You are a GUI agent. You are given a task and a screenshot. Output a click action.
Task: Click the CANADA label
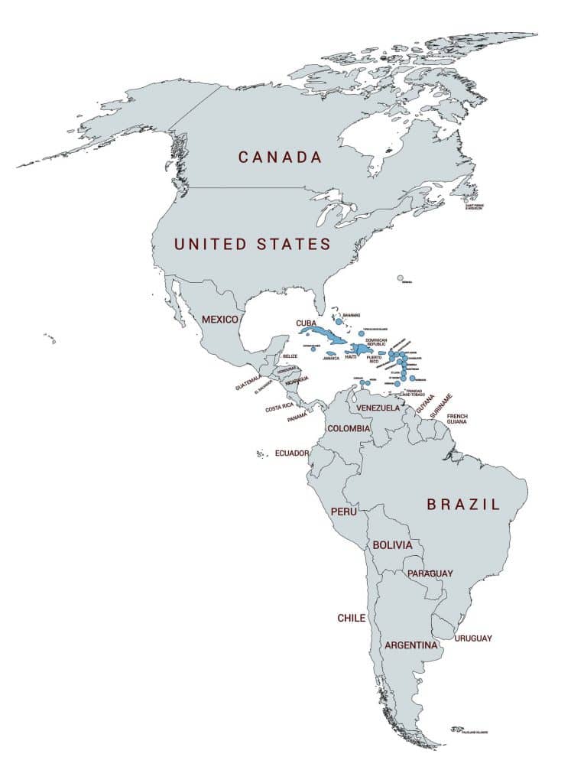(x=280, y=158)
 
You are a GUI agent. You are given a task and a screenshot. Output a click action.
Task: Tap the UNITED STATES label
(x=252, y=245)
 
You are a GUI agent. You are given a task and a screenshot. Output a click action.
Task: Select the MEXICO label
(x=220, y=319)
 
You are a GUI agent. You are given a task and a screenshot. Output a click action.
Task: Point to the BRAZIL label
(x=463, y=505)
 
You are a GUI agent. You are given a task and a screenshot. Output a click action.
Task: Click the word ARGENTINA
(x=411, y=645)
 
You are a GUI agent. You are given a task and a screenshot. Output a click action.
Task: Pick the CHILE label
(x=352, y=618)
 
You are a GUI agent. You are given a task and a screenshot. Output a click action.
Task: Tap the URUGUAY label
(x=473, y=638)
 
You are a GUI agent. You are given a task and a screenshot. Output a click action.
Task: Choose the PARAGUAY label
(x=430, y=573)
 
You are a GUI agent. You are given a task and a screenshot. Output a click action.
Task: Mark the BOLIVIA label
(x=392, y=545)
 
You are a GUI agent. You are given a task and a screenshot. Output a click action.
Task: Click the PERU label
(x=343, y=511)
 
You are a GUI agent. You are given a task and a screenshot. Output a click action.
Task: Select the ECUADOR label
(x=292, y=453)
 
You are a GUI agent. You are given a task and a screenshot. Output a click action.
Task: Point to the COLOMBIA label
(x=349, y=429)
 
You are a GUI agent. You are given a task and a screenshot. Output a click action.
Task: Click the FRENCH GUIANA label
(x=457, y=419)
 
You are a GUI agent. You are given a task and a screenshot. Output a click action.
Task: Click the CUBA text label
(x=306, y=323)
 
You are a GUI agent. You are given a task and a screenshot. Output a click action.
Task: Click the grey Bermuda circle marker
(x=400, y=278)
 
